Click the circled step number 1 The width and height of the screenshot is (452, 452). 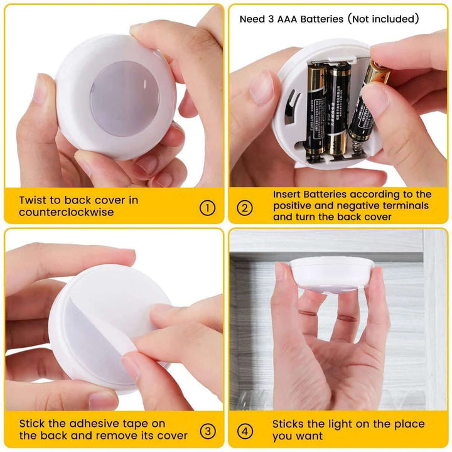(x=207, y=207)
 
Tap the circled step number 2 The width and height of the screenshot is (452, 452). (x=245, y=207)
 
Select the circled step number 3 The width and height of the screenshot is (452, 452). (x=207, y=431)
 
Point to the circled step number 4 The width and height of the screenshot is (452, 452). (x=245, y=431)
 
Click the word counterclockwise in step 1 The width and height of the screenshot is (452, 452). (x=67, y=212)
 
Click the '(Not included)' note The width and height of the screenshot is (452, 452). (x=383, y=19)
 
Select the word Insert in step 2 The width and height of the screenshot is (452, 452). (x=291, y=195)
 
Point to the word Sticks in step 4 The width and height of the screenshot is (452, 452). (x=290, y=424)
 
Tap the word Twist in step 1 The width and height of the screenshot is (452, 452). (x=33, y=200)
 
